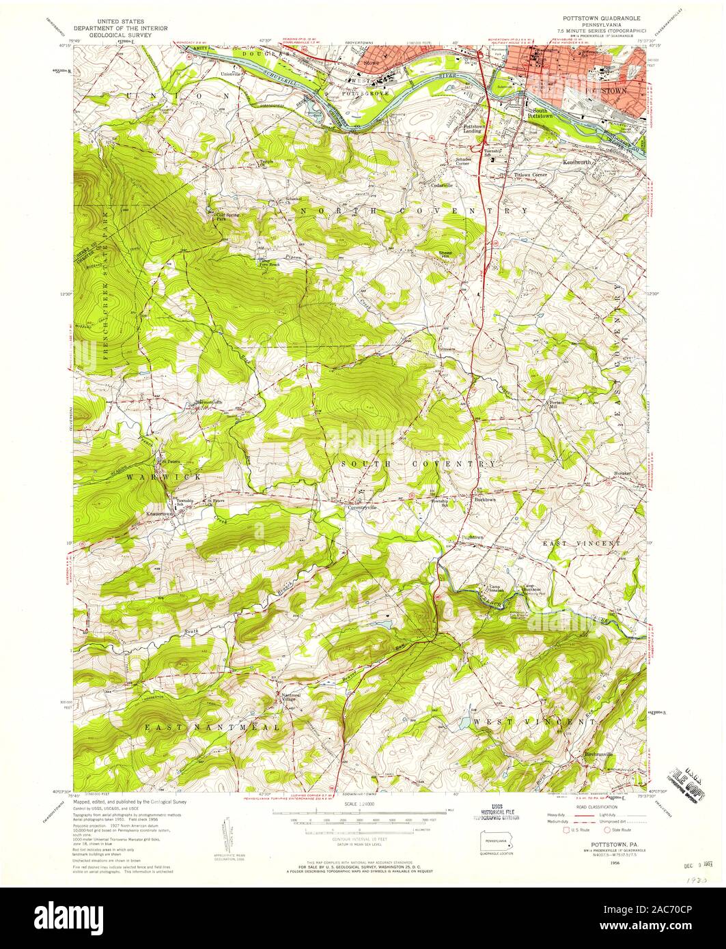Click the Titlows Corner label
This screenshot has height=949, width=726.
point(531,175)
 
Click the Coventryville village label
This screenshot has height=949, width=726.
point(363,507)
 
